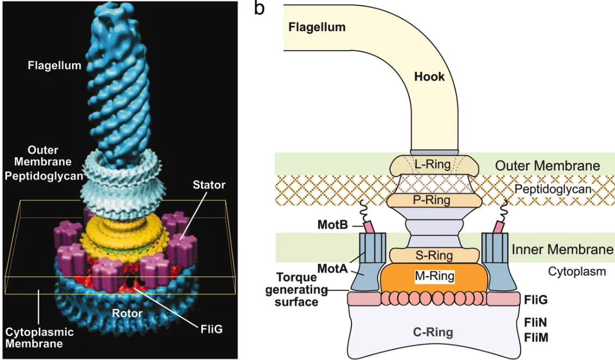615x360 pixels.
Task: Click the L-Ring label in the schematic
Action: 434,165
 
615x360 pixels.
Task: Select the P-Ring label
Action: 434,200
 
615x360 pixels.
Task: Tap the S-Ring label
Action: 435,255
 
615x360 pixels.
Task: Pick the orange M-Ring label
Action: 435,276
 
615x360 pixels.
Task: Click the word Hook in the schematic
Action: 429,77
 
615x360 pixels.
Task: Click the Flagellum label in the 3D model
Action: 54,66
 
